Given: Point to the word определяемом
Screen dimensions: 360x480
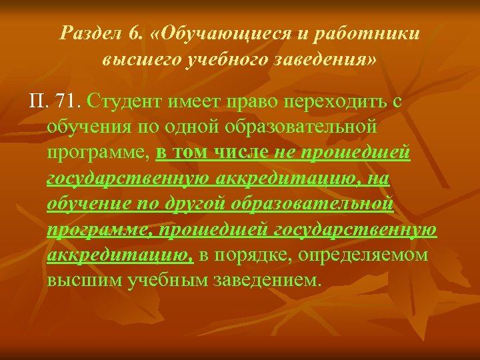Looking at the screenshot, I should pyautogui.click(x=363, y=256).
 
